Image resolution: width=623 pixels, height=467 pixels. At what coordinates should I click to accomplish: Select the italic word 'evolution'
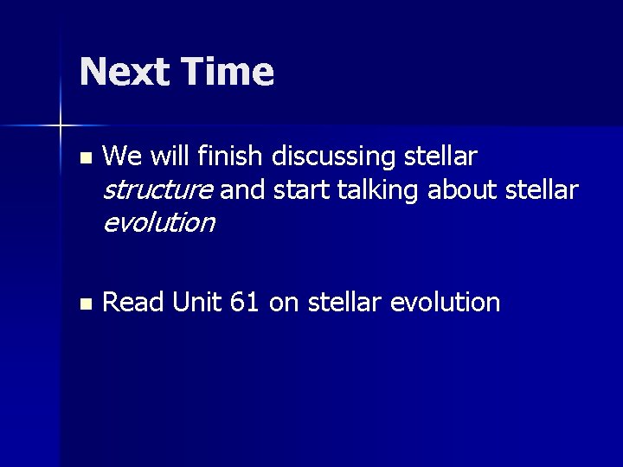[158, 223]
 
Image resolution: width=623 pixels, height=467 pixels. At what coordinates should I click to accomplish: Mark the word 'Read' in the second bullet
[133, 303]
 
